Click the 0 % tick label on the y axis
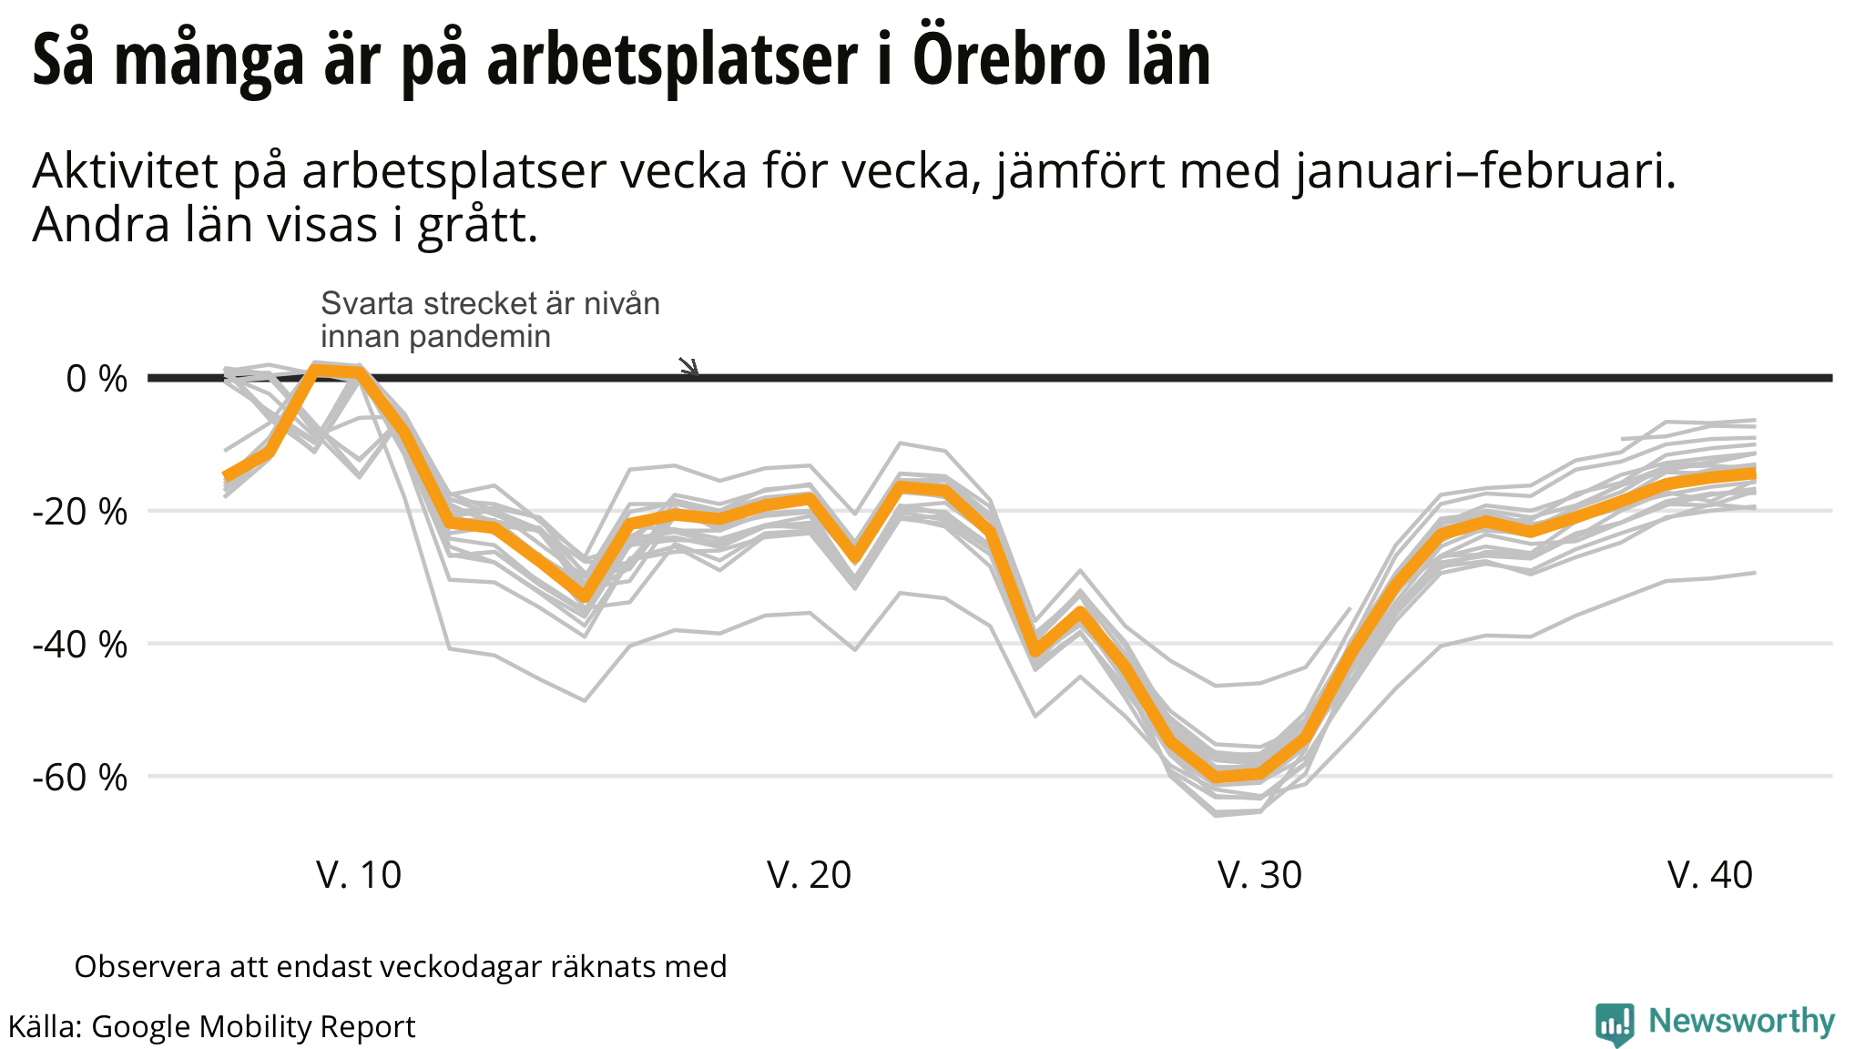point(97,379)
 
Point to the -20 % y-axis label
point(80,512)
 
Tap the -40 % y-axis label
point(80,645)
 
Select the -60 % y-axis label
point(80,778)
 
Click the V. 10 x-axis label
point(359,875)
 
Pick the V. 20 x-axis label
point(809,875)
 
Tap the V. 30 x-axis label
point(1259,875)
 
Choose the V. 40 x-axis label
point(1710,875)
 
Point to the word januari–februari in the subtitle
point(1484,171)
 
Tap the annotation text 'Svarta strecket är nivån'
point(490,303)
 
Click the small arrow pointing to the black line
point(689,367)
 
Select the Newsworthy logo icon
point(1615,1024)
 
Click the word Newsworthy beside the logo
point(1741,1022)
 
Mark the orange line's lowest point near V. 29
point(1217,777)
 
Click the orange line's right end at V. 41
point(1753,474)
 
